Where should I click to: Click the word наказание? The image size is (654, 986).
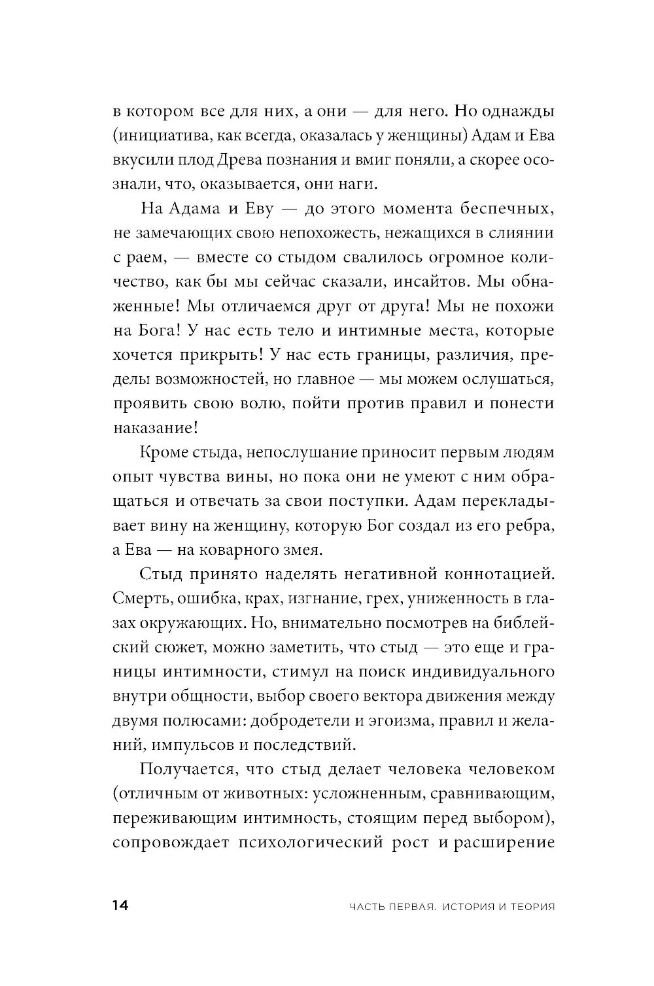click(158, 428)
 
